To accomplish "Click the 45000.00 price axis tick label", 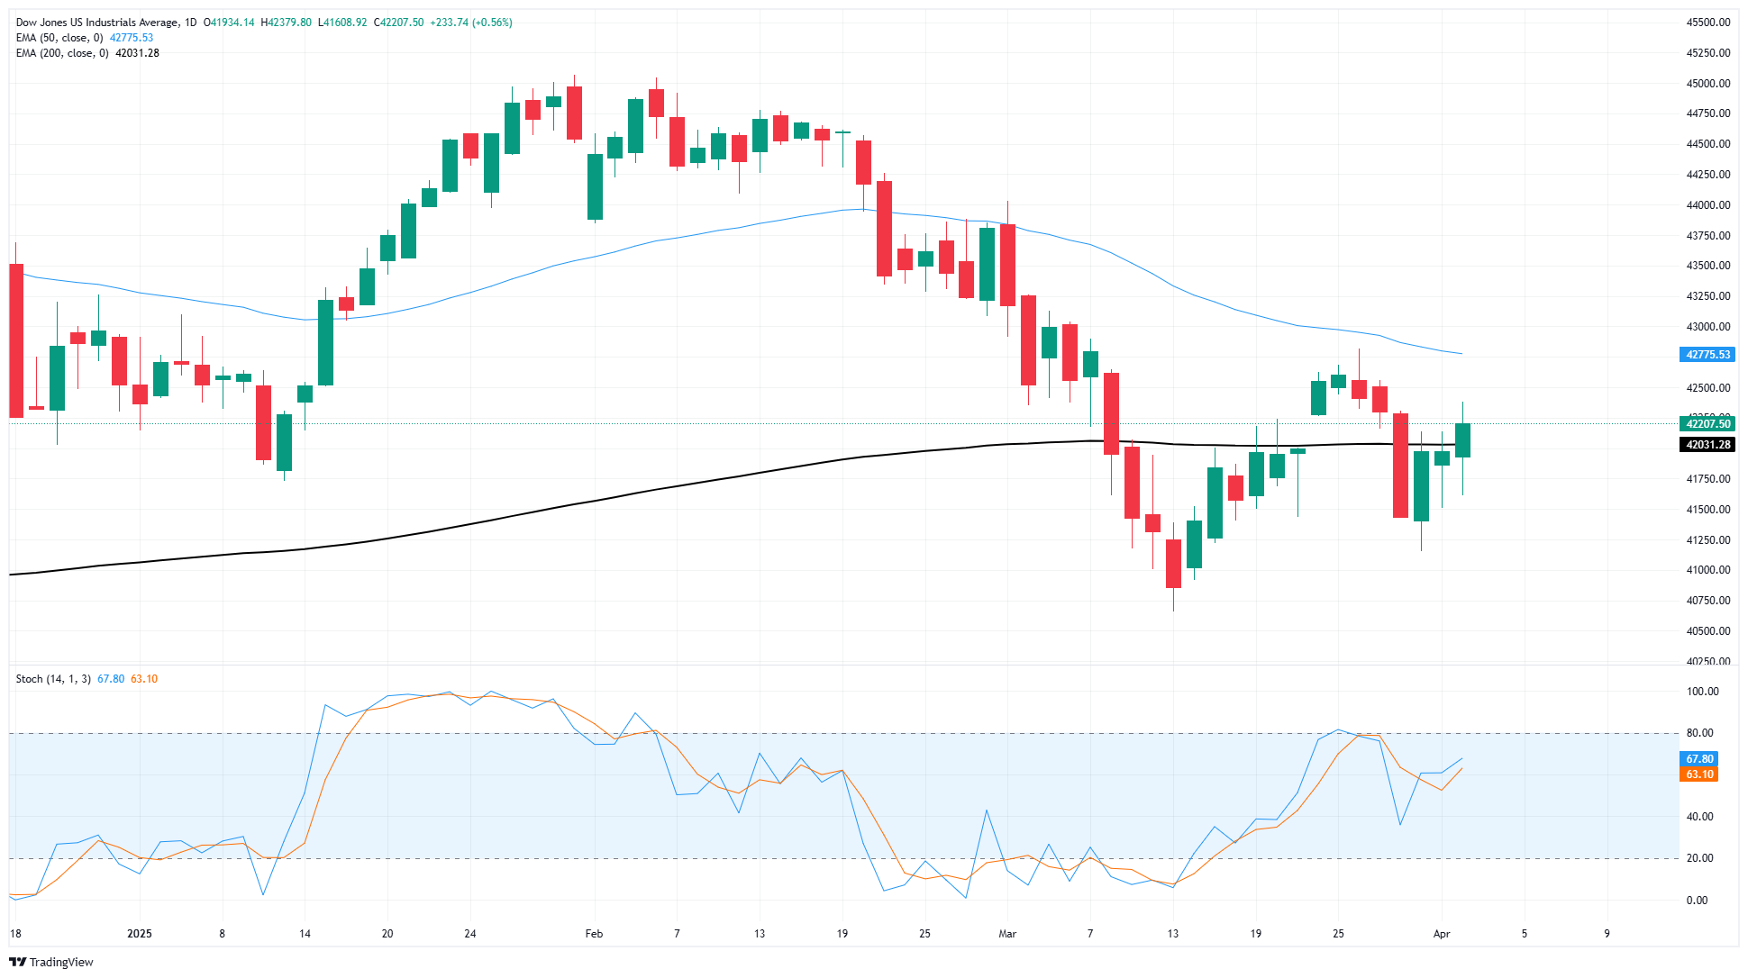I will pos(1707,84).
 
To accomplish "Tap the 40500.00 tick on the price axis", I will pos(1707,631).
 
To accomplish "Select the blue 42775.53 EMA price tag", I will pos(1707,355).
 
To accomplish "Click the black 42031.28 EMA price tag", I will pos(1707,445).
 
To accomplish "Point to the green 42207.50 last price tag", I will pos(1707,424).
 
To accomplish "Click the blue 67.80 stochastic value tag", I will pos(1699,759).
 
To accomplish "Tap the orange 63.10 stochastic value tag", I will pos(1699,774).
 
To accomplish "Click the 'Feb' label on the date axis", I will pos(594,934).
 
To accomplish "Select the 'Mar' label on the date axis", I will pos(1007,934).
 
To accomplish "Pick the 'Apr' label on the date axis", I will pos(1442,934).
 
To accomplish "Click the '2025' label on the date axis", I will pos(140,934).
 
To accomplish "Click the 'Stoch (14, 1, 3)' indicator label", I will pos(53,679).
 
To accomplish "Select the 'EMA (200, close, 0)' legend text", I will pos(62,53).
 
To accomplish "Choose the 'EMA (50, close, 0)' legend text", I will pos(59,38).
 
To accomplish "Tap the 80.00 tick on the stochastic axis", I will pos(1702,733).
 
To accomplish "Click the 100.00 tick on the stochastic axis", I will pos(1702,692).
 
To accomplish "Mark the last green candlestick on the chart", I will pos(1462,440).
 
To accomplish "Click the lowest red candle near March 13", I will pos(1173,564).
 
